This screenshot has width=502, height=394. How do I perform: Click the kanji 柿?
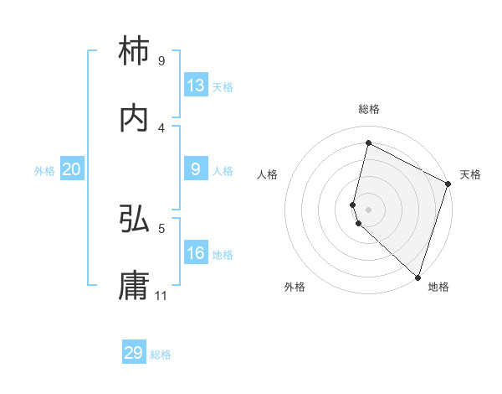click(x=135, y=52)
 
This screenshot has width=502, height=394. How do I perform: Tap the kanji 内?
click(x=135, y=119)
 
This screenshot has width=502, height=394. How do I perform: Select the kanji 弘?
click(x=135, y=220)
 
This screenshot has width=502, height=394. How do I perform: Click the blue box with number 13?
click(x=196, y=86)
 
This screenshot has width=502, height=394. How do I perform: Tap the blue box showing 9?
click(x=196, y=169)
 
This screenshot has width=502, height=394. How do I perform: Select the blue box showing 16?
click(x=196, y=253)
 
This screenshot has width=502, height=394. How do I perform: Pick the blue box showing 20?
click(x=72, y=169)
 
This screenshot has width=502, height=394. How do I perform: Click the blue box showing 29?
click(x=134, y=353)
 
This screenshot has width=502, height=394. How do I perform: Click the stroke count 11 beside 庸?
click(x=161, y=296)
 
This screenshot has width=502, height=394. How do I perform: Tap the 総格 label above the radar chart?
click(x=369, y=109)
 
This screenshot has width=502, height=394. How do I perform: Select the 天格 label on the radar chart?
click(x=471, y=174)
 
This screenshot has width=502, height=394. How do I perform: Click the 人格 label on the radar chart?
click(x=268, y=174)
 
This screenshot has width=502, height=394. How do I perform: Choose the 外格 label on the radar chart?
click(x=295, y=288)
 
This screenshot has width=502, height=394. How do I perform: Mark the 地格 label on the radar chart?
click(x=438, y=288)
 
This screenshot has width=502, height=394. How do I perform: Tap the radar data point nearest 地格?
click(x=417, y=277)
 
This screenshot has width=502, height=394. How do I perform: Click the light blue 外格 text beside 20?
click(x=44, y=171)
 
